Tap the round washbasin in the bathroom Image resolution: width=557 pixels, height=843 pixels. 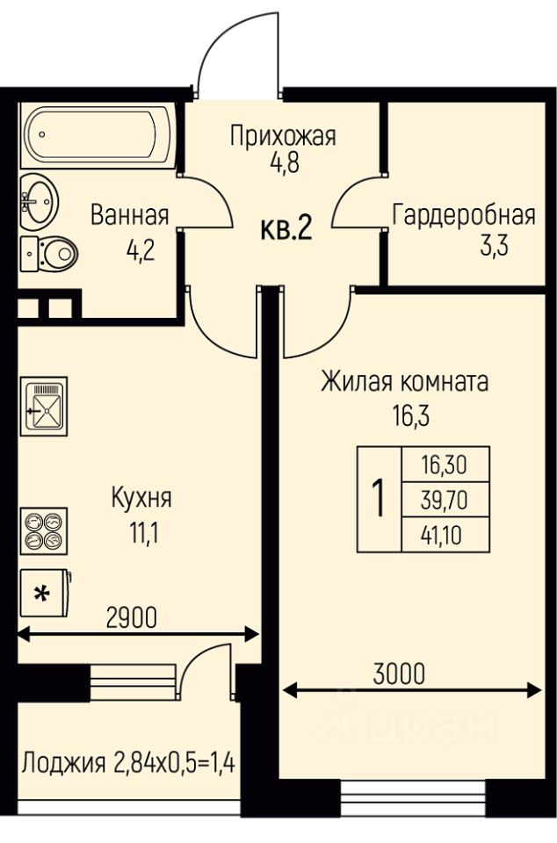tap(38, 200)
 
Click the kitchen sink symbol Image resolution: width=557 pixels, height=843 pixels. tap(43, 405)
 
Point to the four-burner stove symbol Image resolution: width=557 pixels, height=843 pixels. tap(43, 530)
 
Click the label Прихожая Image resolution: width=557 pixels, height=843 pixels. tap(283, 136)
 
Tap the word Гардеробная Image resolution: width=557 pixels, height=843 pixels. tap(464, 214)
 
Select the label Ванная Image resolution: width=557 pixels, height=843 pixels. tap(129, 214)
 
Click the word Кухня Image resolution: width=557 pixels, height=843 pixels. tap(141, 498)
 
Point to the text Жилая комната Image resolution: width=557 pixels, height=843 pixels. tap(404, 383)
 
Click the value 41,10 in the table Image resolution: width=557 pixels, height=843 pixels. tap(445, 533)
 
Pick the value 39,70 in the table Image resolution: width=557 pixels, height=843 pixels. tap(445, 500)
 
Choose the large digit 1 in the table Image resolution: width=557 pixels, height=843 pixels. tap(379, 499)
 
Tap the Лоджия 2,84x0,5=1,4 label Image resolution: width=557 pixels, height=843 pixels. tap(129, 760)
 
